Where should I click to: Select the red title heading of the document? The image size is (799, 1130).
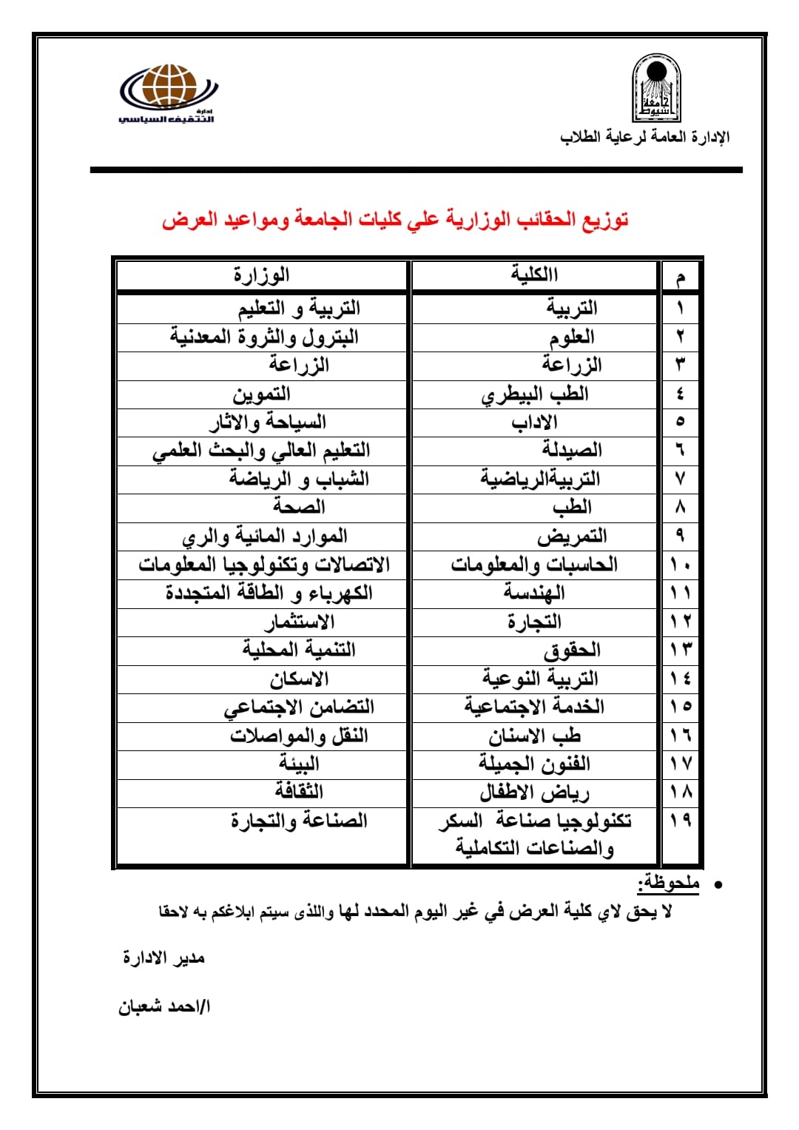click(395, 220)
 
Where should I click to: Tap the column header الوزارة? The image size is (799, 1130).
click(262, 275)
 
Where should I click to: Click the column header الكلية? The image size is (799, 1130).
click(534, 275)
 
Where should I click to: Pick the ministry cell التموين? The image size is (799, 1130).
click(262, 394)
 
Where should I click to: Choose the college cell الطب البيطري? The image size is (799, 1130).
click(534, 394)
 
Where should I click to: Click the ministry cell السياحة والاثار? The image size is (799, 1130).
click(268, 423)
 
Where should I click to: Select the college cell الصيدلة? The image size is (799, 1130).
click(571, 450)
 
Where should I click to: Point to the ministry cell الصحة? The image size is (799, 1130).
click(299, 507)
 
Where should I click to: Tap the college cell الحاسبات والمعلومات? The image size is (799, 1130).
click(534, 565)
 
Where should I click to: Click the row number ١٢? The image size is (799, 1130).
click(680, 622)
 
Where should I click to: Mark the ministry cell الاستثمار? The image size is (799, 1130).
click(300, 622)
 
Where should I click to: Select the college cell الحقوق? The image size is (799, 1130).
click(572, 650)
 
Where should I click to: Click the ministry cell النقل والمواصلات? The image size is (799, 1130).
click(299, 736)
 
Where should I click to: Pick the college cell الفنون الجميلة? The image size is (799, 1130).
click(534, 764)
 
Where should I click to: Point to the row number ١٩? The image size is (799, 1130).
click(680, 821)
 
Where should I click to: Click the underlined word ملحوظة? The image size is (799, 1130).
click(669, 883)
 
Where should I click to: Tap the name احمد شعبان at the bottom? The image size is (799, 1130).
click(164, 1007)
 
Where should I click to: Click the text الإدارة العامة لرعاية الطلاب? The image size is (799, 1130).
click(644, 137)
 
